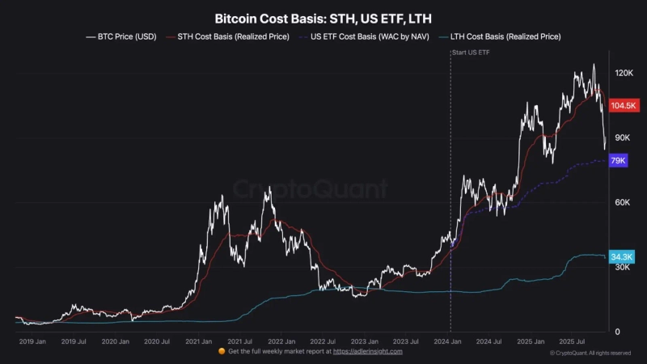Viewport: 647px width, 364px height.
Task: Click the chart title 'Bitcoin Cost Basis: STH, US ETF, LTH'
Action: click(x=323, y=17)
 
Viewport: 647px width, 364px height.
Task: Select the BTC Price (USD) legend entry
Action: click(x=122, y=36)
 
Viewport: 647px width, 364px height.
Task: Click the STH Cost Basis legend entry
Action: click(x=231, y=36)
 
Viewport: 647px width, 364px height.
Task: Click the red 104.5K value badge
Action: click(x=624, y=106)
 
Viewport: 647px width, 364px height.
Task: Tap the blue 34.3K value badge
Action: click(x=622, y=256)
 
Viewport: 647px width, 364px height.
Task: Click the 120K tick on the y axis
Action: click(x=623, y=74)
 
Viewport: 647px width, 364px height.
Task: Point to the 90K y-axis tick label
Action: click(x=621, y=138)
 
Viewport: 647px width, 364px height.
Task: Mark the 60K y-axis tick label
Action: click(x=621, y=203)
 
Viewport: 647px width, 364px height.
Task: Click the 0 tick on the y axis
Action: click(x=616, y=332)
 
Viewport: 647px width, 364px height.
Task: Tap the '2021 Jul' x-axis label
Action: click(x=239, y=342)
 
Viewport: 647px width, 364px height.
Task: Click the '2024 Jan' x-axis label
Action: click(x=448, y=342)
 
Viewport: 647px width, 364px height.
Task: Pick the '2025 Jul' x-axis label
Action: click(x=579, y=342)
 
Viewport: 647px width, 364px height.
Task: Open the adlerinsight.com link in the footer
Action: click(x=368, y=352)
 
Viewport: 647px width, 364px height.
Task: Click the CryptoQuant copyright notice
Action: click(x=590, y=353)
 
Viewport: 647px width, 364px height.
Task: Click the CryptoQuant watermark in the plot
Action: click(x=311, y=190)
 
